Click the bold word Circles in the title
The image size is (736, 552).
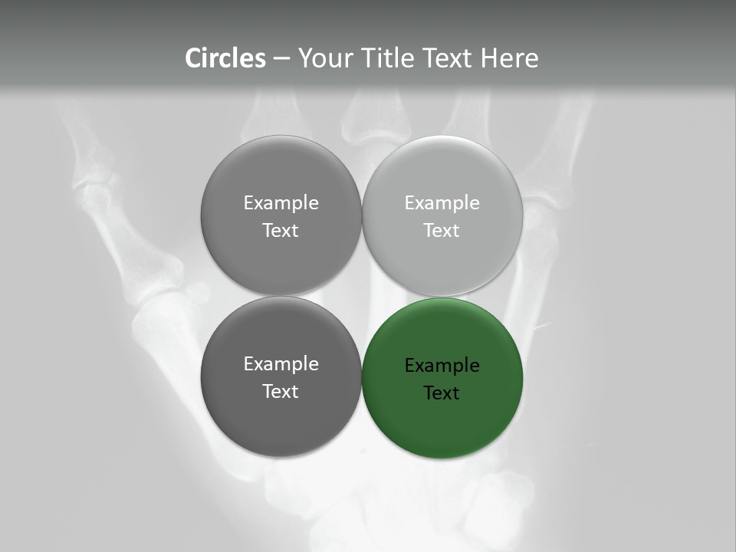point(225,58)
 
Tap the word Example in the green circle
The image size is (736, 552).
point(442,366)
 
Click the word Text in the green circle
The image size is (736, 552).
point(442,393)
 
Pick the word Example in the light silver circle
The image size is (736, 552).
point(442,203)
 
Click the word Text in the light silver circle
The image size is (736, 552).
point(442,231)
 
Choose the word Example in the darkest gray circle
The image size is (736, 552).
point(281,364)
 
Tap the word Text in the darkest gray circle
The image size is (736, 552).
point(281,392)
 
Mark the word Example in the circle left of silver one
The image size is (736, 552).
point(281,203)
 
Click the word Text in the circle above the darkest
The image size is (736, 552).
point(281,231)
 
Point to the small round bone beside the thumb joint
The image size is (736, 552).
point(199,291)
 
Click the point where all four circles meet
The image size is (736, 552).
point(362,296)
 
